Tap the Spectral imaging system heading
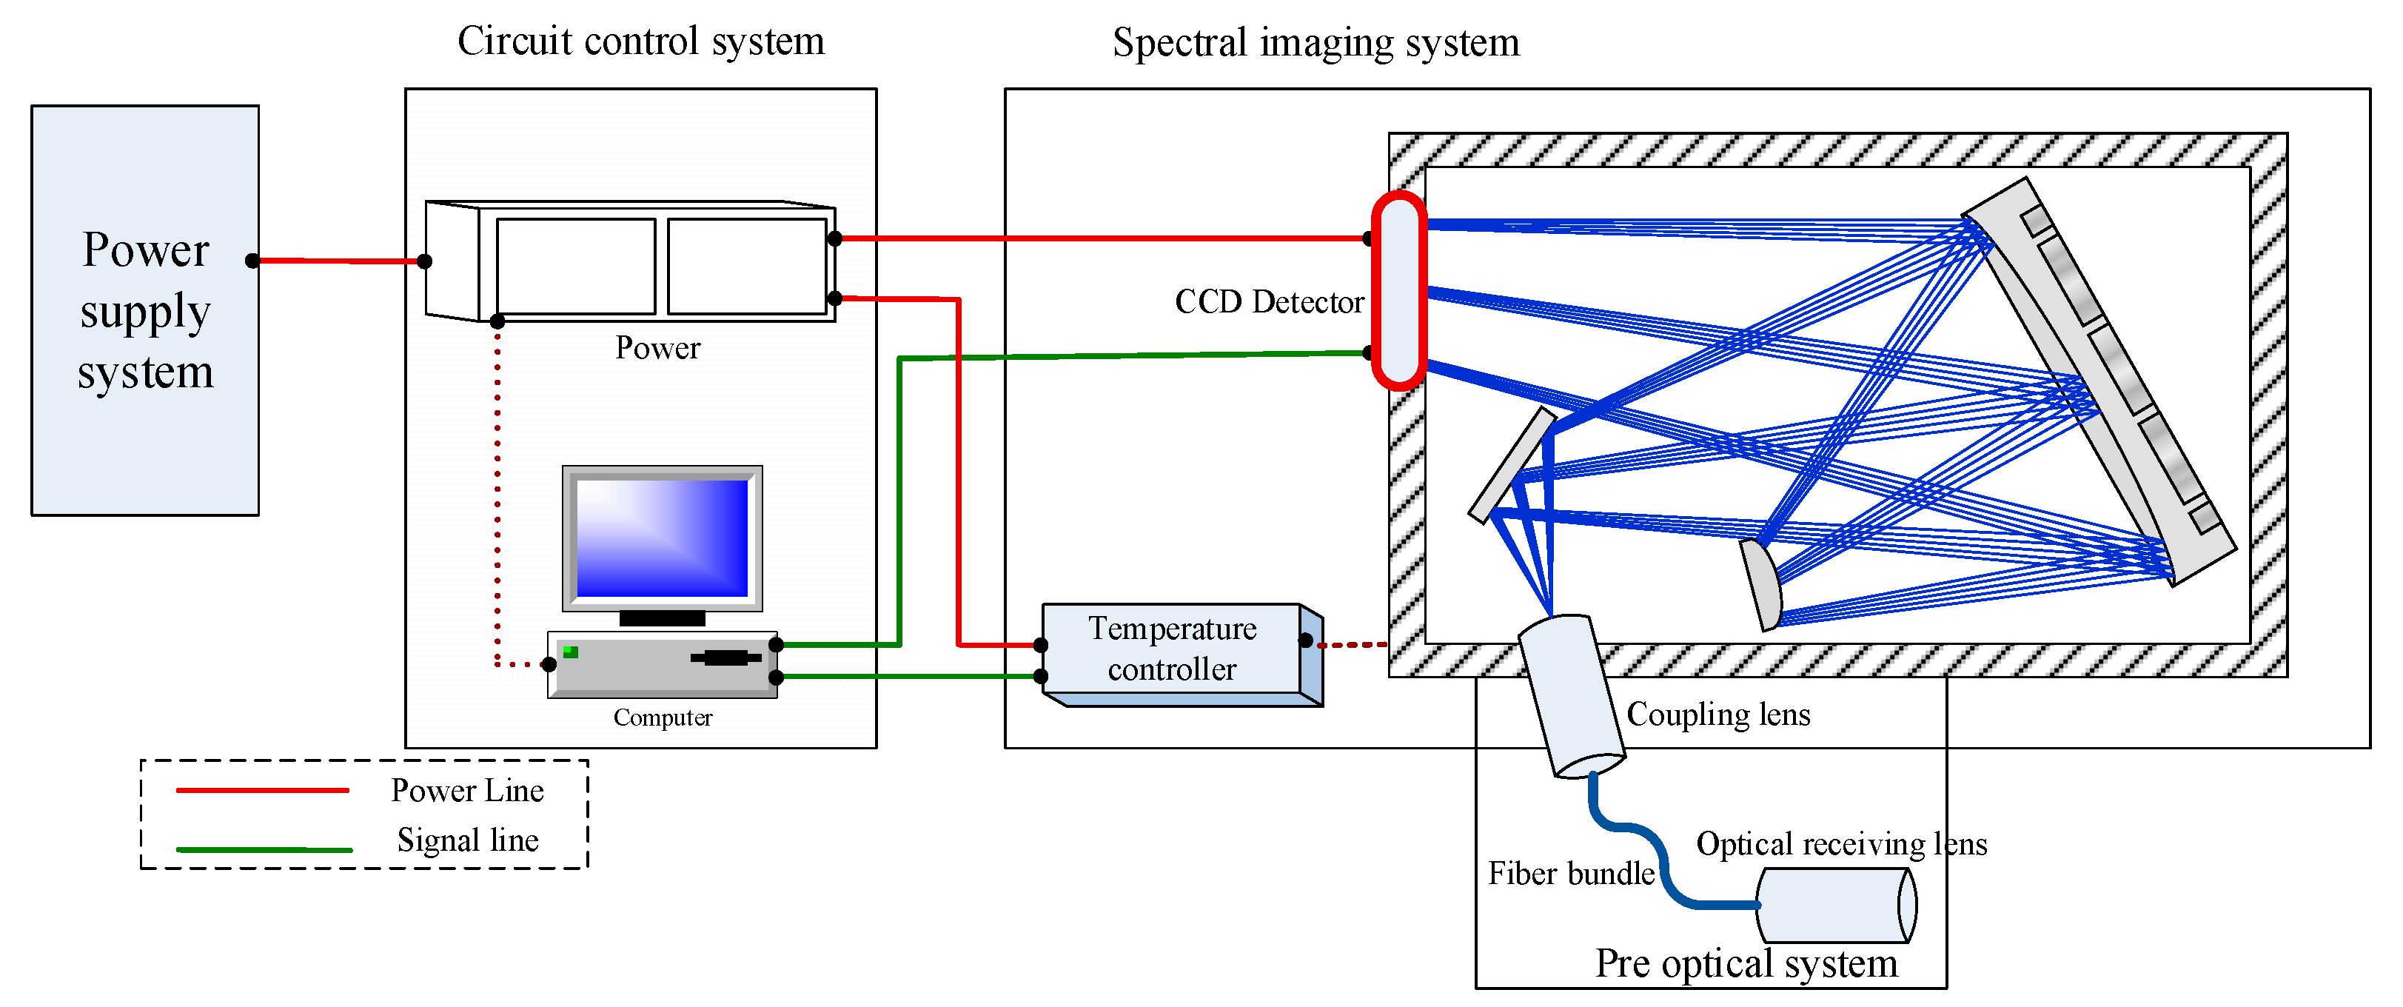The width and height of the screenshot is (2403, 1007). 1316,43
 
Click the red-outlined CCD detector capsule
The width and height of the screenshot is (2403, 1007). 1398,290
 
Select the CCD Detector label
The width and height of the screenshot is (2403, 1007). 1269,301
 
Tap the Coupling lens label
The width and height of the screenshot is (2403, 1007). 1717,715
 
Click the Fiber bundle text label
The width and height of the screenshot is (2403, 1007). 1571,874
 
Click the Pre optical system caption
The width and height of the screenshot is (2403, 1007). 1746,964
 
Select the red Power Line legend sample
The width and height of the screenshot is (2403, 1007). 262,791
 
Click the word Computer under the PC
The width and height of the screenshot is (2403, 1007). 663,717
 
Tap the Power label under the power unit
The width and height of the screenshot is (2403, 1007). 657,348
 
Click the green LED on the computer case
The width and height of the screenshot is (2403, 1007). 571,652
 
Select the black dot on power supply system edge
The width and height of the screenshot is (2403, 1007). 252,261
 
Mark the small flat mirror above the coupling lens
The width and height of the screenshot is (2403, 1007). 1511,466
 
